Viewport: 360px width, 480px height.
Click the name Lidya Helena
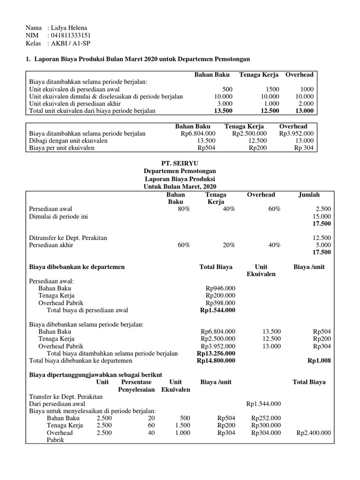(x=70, y=28)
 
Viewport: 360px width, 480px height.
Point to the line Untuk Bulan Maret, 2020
(x=180, y=186)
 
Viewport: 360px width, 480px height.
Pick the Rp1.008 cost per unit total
(x=319, y=361)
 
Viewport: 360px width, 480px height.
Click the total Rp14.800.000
(x=216, y=361)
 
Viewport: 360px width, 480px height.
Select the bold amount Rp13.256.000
(x=216, y=353)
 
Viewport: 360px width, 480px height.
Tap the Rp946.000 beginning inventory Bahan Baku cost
(x=220, y=288)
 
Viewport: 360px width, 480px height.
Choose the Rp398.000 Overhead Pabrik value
(x=220, y=303)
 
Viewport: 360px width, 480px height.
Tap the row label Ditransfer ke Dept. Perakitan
(x=68, y=238)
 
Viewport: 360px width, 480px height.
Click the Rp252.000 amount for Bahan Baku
(x=266, y=418)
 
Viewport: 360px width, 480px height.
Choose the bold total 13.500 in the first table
(x=223, y=111)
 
